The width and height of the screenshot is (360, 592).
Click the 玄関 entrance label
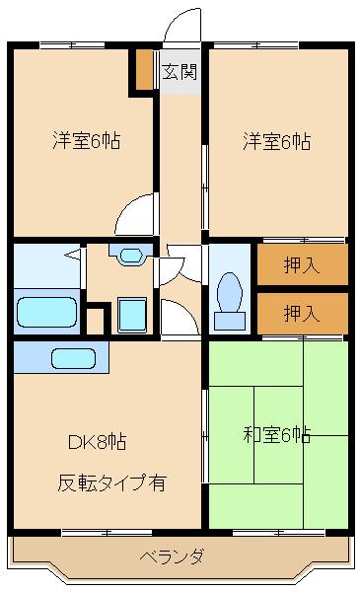point(180,71)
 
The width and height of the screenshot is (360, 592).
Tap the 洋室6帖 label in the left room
point(87,141)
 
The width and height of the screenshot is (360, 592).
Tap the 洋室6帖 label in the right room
point(277,141)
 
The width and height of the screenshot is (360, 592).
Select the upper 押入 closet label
point(301,264)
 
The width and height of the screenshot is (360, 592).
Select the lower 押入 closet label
point(301,314)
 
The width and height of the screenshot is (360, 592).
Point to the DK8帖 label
point(96,441)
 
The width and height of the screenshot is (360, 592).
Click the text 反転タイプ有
point(111,483)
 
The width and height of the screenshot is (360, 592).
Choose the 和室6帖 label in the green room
point(277,434)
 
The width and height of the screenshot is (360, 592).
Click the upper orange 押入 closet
point(303,264)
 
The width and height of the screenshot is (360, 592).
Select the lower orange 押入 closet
point(303,313)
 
